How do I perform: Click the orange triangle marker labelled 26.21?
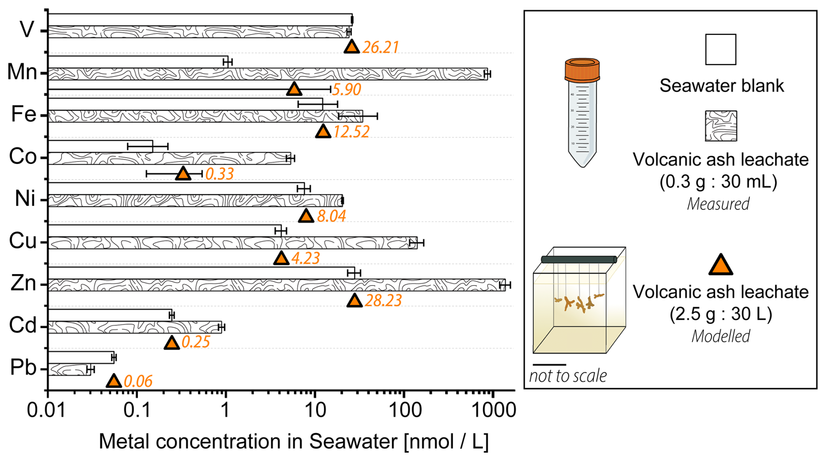coord(351,47)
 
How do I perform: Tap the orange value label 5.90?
coord(347,90)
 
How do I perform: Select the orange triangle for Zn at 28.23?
coord(354,301)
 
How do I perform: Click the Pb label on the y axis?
coord(23,367)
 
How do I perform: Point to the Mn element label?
coord(22,72)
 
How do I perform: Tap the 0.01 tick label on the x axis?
coord(46,410)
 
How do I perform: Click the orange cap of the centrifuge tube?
coord(582,70)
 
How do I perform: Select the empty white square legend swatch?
coord(720,50)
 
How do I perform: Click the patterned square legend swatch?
coord(721,126)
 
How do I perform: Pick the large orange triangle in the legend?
coord(720,265)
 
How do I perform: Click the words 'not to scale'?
coord(568,376)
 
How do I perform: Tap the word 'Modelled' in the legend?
coord(721,336)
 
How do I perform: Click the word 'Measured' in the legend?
coord(718,204)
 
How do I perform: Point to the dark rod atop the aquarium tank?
coord(578,260)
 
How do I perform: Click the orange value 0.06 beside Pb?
coord(138,381)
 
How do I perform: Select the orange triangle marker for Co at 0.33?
coord(183,173)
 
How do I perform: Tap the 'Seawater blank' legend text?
coord(721,86)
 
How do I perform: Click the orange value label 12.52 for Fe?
coord(351,132)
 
